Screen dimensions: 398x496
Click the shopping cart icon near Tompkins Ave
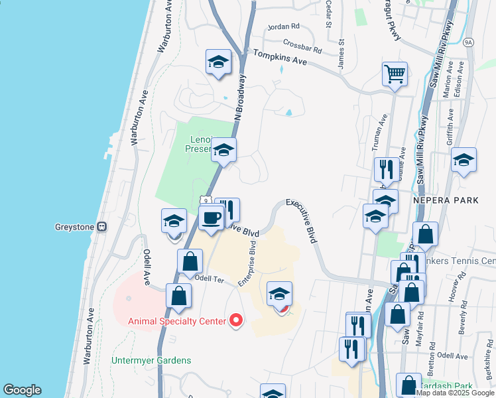[x=395, y=74]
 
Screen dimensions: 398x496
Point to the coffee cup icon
[x=212, y=218]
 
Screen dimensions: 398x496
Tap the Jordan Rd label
[x=283, y=27]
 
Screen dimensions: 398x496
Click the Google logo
[x=22, y=390]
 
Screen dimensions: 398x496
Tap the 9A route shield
[x=469, y=42]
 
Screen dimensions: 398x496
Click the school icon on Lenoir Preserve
[x=224, y=151]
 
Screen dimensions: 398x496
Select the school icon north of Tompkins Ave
[x=218, y=62]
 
